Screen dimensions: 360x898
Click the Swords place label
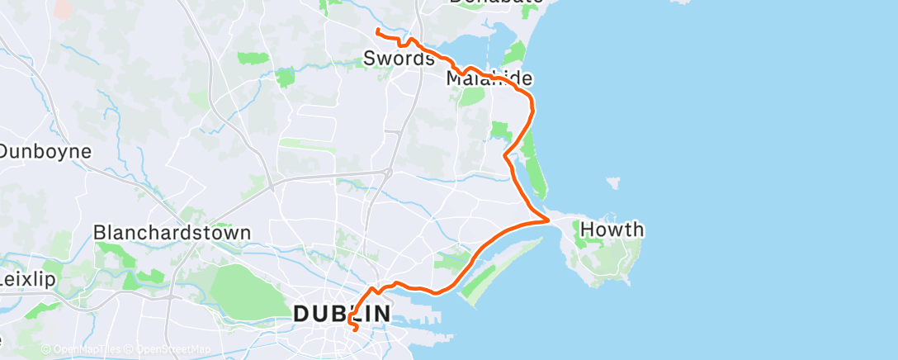[398, 59]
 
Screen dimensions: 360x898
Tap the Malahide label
[489, 79]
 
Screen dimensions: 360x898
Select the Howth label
[612, 230]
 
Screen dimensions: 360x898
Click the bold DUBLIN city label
[342, 314]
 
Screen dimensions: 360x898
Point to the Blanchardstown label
[172, 233]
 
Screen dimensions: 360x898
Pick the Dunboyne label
[45, 152]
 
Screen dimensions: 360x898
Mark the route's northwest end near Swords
[376, 31]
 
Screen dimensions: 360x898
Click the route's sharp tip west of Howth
[549, 220]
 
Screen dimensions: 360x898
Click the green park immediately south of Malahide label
[472, 96]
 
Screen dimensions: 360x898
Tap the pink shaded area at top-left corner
[61, 8]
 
